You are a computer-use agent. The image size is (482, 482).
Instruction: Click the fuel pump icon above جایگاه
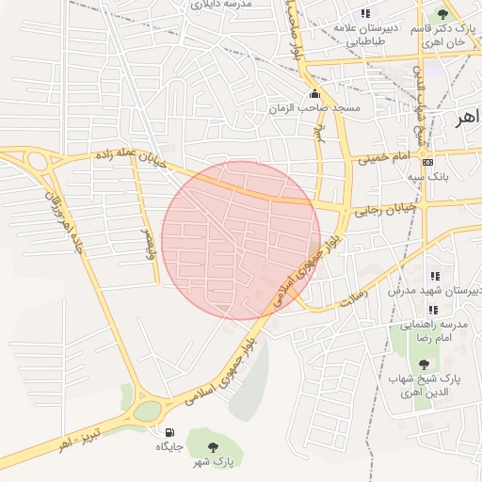tap(169, 432)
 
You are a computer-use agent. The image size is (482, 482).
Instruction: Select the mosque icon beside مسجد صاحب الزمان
tap(314, 94)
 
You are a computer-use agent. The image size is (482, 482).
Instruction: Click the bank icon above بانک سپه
tap(428, 161)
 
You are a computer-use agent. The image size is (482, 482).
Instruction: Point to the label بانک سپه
tap(427, 176)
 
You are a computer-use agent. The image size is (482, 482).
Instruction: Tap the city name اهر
tap(466, 120)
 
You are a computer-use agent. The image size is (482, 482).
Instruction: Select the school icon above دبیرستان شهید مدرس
tap(434, 276)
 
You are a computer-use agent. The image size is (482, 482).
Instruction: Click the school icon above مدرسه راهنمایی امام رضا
tap(434, 309)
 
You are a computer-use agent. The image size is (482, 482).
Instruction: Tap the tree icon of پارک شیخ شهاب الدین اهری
tap(423, 363)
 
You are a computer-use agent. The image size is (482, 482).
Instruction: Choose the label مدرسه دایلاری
tap(223, 5)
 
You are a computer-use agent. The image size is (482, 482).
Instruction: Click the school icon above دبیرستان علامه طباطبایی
tap(365, 13)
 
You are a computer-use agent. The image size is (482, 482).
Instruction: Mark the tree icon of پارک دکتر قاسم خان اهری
tap(442, 14)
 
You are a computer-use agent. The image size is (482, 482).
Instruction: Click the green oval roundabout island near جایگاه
tap(147, 411)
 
